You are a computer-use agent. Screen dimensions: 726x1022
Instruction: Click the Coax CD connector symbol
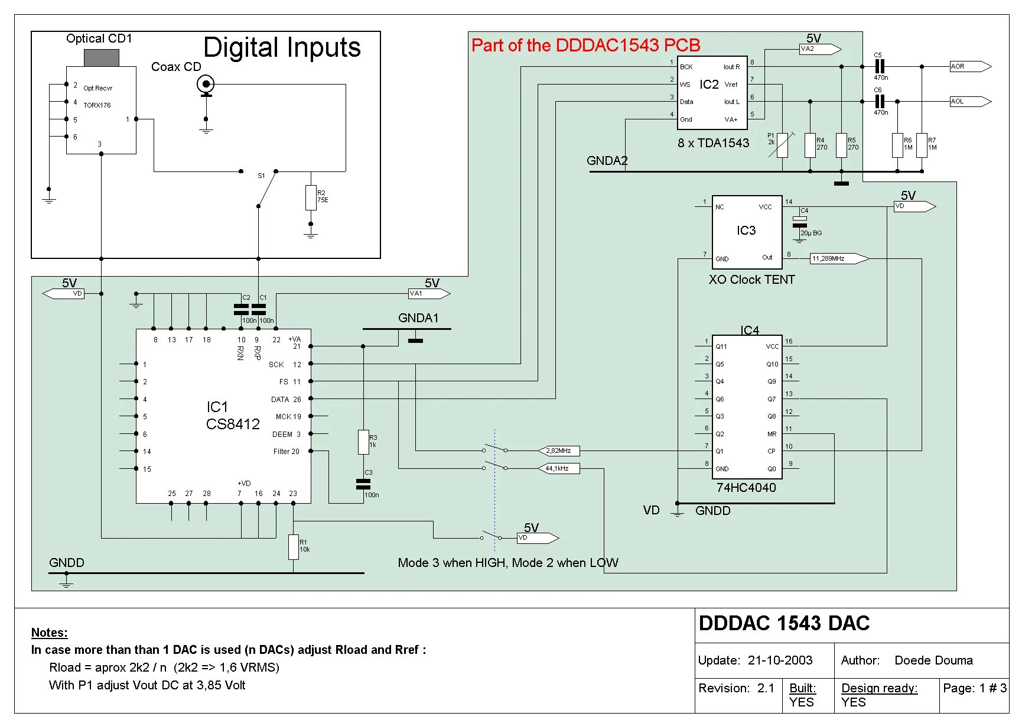pos(206,85)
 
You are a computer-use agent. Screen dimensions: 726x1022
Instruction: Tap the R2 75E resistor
pos(311,197)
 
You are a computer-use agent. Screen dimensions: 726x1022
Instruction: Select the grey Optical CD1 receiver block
pos(102,58)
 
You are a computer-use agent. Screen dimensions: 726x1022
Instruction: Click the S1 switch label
pos(261,176)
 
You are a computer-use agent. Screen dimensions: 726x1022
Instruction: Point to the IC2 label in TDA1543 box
pos(709,85)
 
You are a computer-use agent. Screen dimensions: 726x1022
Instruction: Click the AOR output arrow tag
pos(969,66)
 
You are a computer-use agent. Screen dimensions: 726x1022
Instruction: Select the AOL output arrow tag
pos(969,101)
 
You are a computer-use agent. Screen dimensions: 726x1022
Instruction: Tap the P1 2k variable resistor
pos(782,145)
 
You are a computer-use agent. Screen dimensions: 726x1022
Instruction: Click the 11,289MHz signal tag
pos(838,258)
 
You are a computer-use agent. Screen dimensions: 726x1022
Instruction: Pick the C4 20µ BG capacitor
pos(799,222)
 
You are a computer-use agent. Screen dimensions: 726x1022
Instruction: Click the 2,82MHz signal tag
pos(559,451)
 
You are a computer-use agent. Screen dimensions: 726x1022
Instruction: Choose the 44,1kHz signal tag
pos(558,468)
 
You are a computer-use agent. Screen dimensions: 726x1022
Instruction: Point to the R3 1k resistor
pos(363,442)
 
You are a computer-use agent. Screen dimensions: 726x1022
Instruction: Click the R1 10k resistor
pos(294,547)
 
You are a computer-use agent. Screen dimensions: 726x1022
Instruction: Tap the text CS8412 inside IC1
pos(233,424)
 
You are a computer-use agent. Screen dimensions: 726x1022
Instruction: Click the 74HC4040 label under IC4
pos(746,487)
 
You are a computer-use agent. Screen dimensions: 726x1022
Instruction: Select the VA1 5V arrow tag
pos(429,293)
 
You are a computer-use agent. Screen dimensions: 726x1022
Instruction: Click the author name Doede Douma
pos(933,660)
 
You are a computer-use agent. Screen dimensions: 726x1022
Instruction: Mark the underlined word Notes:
pos(50,633)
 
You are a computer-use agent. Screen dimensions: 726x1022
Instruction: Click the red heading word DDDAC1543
pos(608,46)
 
